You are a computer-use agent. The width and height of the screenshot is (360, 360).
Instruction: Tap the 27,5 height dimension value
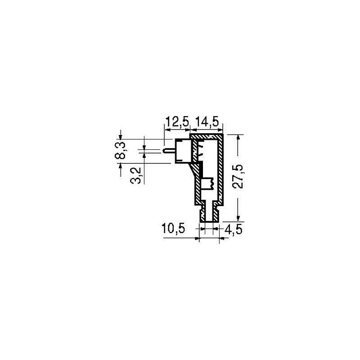click(238, 176)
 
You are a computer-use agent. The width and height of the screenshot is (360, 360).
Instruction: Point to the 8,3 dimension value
click(120, 150)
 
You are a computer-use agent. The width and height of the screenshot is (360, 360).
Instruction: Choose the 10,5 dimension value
click(173, 229)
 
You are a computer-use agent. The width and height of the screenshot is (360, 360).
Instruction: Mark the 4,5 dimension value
click(233, 229)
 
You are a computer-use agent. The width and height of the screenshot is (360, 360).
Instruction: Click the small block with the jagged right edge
click(207, 184)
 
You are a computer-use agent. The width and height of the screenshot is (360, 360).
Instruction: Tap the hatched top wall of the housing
click(206, 136)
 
